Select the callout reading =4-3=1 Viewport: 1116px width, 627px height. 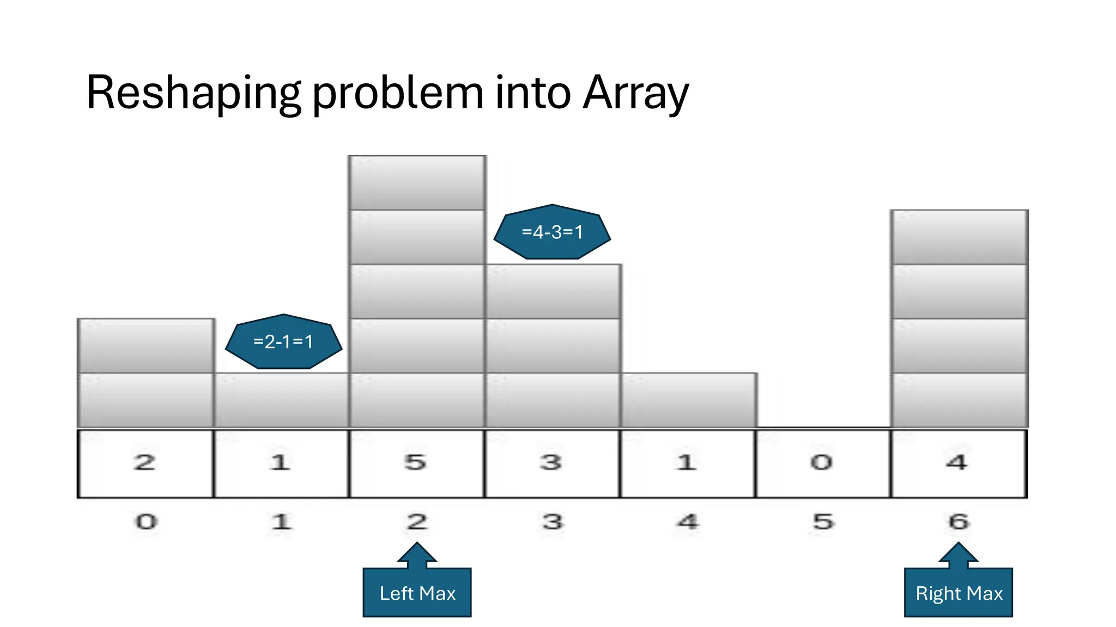coord(552,232)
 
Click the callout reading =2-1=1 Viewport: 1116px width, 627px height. coord(283,342)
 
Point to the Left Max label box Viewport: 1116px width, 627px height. coord(417,593)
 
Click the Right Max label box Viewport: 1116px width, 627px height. coord(959,593)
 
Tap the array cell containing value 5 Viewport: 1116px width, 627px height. coord(416,464)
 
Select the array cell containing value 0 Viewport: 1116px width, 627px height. coord(823,464)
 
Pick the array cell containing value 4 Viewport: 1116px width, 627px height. coord(959,464)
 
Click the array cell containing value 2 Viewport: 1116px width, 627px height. coord(145,464)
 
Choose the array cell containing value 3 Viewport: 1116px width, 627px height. coord(552,464)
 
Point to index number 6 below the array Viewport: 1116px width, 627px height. coord(959,522)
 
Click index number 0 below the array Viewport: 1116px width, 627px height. coord(146,522)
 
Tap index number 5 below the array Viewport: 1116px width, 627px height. coord(823,522)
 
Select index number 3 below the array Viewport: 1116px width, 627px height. coord(553,522)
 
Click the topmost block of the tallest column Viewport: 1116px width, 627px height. coord(417,183)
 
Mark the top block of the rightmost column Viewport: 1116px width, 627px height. coord(959,237)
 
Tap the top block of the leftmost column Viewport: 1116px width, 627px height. coord(145,346)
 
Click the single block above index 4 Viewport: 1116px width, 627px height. coord(688,400)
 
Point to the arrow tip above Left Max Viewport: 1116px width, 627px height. coord(417,544)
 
